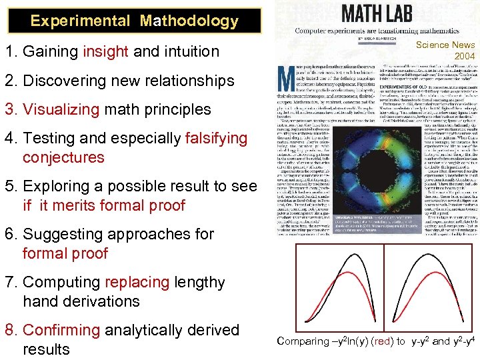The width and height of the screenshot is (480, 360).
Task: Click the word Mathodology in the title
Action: tap(189, 21)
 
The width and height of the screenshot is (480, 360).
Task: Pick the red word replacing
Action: tap(137, 283)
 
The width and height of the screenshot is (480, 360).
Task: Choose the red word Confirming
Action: tap(61, 331)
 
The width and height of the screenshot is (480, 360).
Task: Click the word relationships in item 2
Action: tap(191, 81)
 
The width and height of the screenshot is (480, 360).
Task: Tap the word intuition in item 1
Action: tap(186, 51)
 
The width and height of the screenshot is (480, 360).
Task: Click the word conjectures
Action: tap(63, 158)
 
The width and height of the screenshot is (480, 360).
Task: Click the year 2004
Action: tap(464, 56)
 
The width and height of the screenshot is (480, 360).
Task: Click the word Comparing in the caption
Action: tap(303, 341)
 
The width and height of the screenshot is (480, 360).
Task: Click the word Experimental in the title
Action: tap(80, 21)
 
